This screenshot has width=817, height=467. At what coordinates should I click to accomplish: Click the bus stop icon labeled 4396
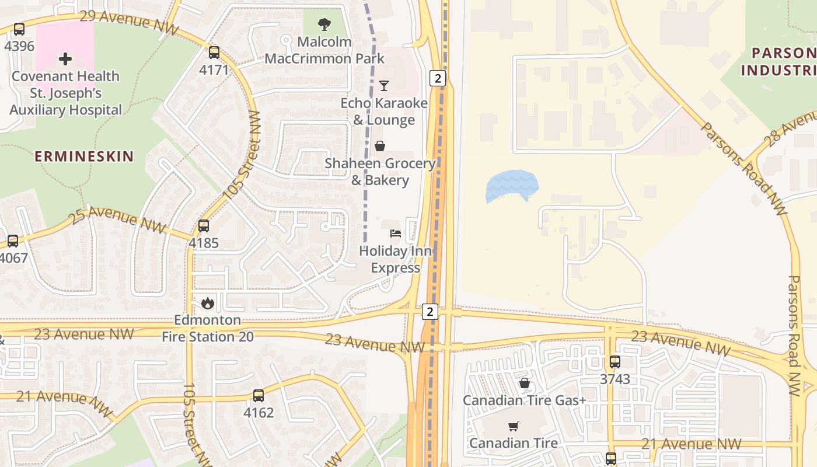(19, 29)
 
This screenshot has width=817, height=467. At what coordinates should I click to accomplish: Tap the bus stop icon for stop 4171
(214, 53)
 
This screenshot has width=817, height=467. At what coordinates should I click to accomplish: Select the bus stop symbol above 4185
(204, 225)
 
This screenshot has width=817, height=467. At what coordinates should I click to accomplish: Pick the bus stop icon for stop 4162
(259, 395)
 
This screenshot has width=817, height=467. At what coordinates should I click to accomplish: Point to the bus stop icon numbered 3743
(615, 362)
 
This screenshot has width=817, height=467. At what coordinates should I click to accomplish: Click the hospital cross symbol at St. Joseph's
(65, 58)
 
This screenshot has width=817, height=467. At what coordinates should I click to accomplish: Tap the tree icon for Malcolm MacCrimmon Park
(324, 25)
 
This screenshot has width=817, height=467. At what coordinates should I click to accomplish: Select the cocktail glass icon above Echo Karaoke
(383, 86)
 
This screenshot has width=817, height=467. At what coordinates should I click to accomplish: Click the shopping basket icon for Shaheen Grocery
(380, 146)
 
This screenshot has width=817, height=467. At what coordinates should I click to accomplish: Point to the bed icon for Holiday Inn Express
(396, 233)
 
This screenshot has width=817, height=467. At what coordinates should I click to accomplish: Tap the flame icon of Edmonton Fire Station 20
(207, 303)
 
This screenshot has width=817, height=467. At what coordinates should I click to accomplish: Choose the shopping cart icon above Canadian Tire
(513, 426)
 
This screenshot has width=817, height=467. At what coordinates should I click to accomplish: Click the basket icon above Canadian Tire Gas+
(525, 383)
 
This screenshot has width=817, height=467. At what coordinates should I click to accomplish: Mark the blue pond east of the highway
(511, 186)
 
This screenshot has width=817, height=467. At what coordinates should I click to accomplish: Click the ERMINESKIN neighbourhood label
(84, 156)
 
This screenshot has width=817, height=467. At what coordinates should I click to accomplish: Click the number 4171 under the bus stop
(214, 71)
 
